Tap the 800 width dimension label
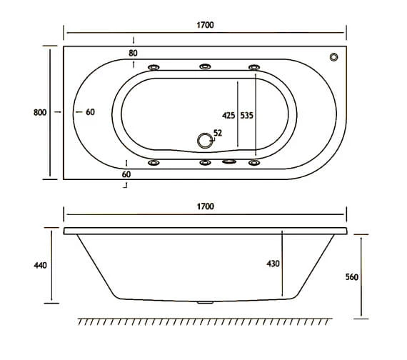click(40, 112)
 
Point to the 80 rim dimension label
click(134, 53)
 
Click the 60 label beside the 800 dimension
click(90, 112)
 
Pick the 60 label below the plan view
click(126, 174)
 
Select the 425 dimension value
click(229, 114)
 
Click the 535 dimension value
click(246, 114)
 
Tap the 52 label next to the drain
click(217, 133)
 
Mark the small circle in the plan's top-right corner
click(333, 57)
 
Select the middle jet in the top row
click(206, 67)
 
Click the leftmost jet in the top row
click(154, 67)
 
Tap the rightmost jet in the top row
click(253, 67)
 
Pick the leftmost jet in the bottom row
click(154, 163)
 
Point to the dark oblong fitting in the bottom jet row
click(229, 162)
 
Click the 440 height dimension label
click(40, 265)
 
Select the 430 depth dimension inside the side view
click(273, 264)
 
